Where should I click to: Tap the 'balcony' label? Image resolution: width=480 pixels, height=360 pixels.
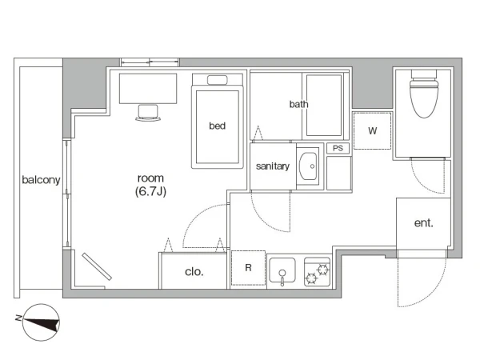[41, 180]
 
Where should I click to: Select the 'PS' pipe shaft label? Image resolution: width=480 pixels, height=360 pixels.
[338, 149]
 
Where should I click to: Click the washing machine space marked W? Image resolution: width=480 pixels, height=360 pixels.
[372, 131]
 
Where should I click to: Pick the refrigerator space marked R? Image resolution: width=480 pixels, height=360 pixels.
[248, 268]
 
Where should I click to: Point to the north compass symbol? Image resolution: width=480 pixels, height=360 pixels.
[41, 322]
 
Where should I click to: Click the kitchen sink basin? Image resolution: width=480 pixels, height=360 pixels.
[282, 270]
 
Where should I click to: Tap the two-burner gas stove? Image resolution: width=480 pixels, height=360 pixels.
[317, 272]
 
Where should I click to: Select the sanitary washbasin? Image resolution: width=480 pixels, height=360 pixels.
[308, 166]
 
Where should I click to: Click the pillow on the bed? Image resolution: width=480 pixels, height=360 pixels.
[218, 80]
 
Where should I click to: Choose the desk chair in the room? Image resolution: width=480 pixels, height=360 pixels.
[148, 113]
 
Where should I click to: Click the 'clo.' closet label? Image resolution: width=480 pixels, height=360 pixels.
[194, 272]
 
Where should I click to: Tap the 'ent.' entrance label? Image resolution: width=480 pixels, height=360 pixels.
[424, 223]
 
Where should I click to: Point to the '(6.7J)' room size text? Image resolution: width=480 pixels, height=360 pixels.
[150, 192]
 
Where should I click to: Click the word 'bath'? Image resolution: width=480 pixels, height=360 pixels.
[298, 104]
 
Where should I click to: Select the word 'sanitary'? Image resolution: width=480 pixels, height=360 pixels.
[273, 166]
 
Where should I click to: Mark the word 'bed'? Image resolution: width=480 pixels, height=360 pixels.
[218, 126]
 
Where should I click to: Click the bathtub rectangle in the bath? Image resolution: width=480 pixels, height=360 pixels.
[324, 106]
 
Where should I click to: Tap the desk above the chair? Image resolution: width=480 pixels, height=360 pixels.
[148, 89]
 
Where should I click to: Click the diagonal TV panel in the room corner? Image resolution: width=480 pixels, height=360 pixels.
[97, 266]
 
